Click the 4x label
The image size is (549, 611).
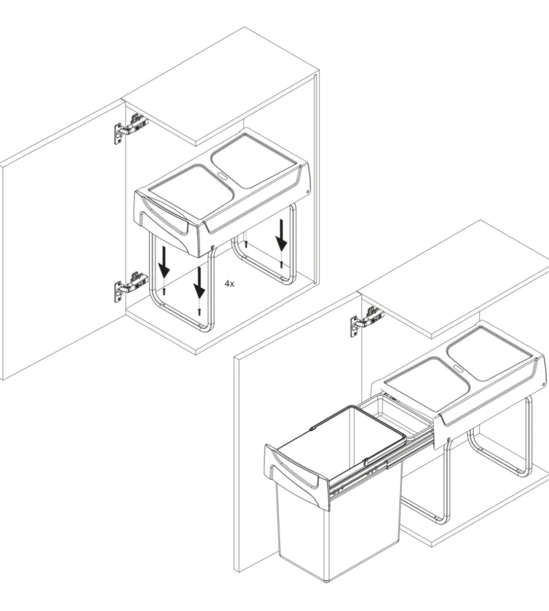point(229,284)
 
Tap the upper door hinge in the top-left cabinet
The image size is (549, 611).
point(131,128)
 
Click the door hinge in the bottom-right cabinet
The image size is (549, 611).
point(367,321)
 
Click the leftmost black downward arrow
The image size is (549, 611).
point(164,262)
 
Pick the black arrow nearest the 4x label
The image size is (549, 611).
point(199,282)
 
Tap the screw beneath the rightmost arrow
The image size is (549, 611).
point(281,264)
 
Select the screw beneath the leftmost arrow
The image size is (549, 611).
point(164,291)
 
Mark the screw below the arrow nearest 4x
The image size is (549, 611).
point(199,312)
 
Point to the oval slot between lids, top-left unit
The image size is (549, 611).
point(222,175)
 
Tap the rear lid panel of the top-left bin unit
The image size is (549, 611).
point(252,159)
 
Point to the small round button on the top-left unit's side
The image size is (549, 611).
point(307,191)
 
